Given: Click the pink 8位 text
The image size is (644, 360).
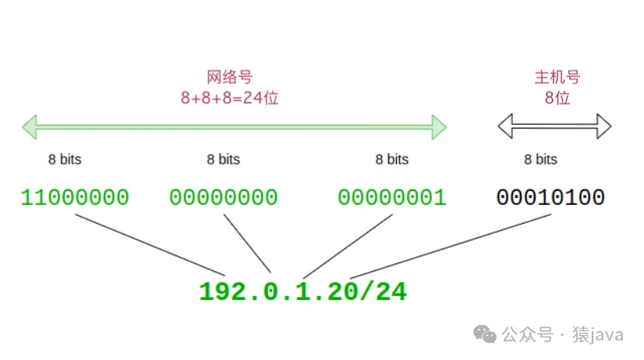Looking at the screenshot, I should click(557, 98).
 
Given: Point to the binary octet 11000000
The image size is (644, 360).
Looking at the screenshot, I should click(75, 197).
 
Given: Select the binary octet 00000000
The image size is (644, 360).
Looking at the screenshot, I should click(223, 197).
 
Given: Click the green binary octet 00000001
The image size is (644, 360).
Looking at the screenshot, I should click(391, 197).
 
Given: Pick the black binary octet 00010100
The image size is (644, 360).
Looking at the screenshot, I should click(550, 197).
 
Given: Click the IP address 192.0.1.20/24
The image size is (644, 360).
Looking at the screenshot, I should click(303, 291).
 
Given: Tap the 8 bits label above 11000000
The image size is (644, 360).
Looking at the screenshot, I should click(64, 160).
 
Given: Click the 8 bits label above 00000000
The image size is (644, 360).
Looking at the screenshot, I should click(223, 160).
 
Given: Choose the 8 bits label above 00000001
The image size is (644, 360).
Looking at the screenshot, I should click(391, 160).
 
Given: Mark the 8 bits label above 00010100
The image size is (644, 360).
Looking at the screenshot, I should click(540, 160).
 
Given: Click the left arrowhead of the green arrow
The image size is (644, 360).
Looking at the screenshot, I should click(30, 126).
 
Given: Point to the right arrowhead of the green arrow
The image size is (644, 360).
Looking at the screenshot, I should click(438, 126).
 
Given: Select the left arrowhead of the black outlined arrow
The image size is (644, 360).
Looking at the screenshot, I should click(506, 126).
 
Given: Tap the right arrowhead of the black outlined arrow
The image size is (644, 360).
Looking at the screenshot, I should click(603, 126).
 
